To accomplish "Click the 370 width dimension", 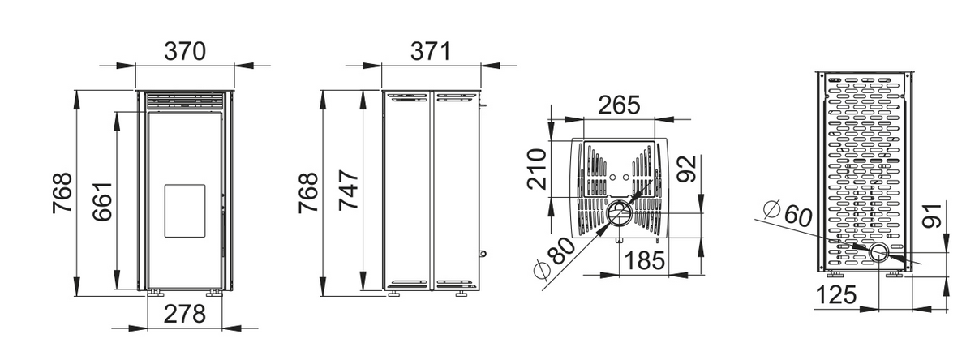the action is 185,52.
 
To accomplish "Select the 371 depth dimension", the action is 431,52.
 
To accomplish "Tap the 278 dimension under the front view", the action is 184,314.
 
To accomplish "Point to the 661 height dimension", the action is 103,201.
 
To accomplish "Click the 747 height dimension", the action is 350,191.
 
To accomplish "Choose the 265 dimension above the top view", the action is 619,105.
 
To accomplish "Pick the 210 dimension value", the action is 537,169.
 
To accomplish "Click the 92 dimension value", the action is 686,169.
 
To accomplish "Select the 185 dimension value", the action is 645,261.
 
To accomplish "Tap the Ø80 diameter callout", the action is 554,258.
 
